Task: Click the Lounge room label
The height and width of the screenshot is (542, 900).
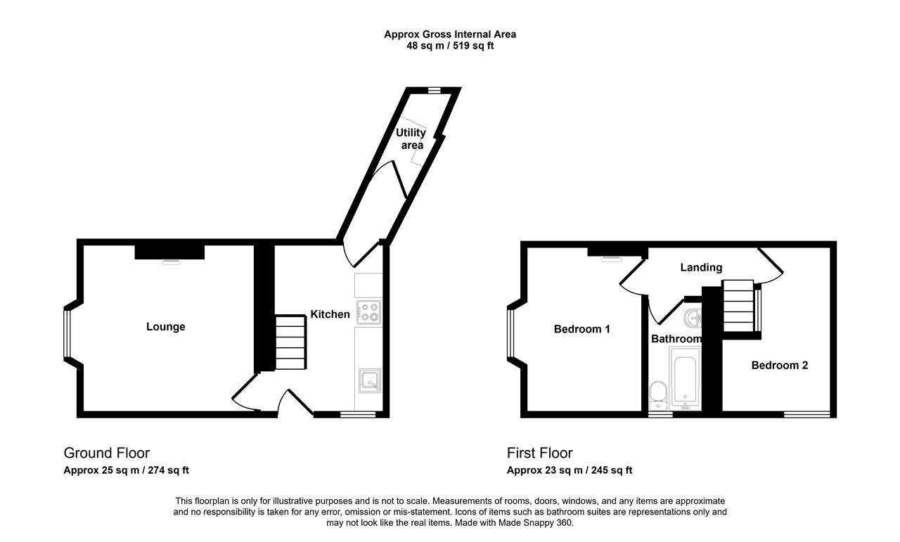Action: pos(165,327)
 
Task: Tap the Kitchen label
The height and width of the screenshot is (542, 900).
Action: pos(330,314)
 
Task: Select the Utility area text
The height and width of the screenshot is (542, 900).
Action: pos(411,138)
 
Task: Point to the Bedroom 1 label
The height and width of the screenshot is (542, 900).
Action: pos(581,329)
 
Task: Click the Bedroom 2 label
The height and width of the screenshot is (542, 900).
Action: pos(780,366)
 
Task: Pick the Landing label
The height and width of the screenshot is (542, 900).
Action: pos(701,268)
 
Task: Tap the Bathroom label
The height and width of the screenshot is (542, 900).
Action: pos(676,339)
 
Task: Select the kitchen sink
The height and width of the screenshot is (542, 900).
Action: pos(370,380)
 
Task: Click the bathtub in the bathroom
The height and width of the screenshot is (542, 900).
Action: pos(685,378)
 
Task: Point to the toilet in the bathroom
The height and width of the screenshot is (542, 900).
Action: pos(658,395)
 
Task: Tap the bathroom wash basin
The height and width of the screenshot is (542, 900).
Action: pos(693,318)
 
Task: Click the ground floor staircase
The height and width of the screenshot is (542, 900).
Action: pos(290,342)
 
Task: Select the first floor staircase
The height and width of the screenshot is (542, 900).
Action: pos(738,306)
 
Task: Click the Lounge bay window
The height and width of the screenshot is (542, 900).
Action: pos(67,333)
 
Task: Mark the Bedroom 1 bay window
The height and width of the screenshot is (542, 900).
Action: pos(510,333)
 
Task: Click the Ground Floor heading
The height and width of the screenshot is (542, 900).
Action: pos(106,453)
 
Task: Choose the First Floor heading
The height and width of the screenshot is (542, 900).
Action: pos(539,453)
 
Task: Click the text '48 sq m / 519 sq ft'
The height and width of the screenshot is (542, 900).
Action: pos(450,46)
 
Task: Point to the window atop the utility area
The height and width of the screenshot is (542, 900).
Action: pos(434,91)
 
